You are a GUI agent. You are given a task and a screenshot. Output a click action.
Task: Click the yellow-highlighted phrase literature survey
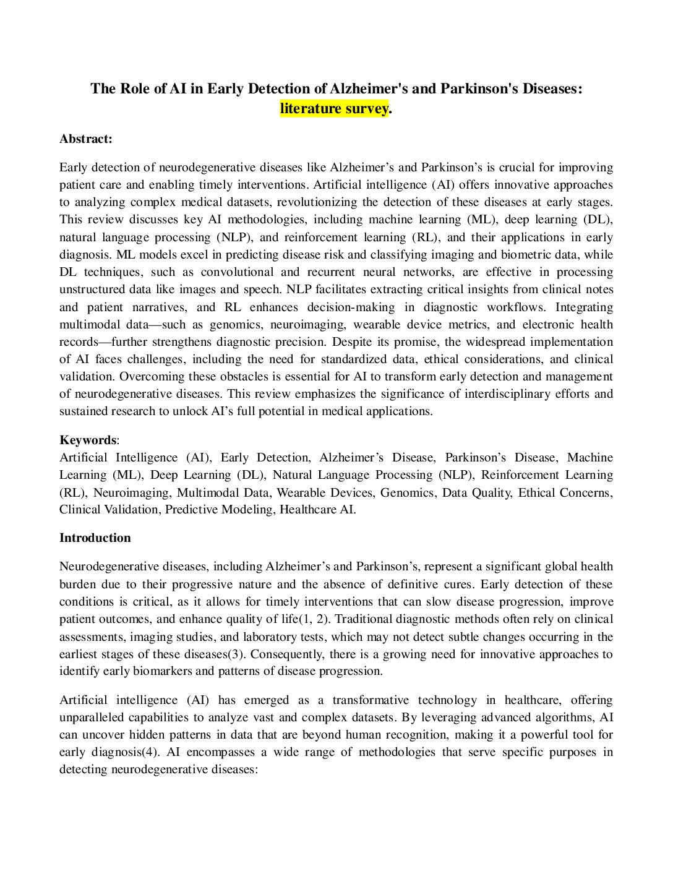click(334, 108)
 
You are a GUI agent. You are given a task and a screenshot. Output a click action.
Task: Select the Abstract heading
click(86, 139)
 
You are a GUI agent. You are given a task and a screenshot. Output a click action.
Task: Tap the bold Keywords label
click(87, 440)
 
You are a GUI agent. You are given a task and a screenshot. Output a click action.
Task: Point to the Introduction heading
click(95, 538)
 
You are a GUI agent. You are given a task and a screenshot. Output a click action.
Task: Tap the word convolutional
click(238, 272)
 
